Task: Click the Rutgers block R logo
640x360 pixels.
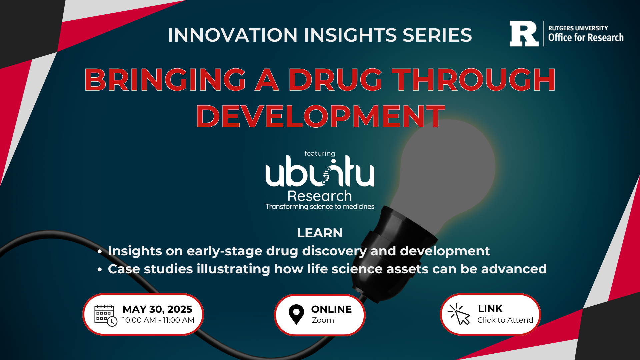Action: (x=524, y=34)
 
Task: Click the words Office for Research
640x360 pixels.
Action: (x=586, y=37)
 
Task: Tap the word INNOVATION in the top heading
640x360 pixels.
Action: (x=233, y=35)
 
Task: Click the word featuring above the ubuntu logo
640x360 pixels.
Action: (x=320, y=153)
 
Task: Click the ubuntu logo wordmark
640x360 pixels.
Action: (x=320, y=171)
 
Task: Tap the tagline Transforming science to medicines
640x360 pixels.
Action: (x=320, y=207)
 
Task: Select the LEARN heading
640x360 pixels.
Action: (x=320, y=233)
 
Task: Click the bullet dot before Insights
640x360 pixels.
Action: (x=100, y=252)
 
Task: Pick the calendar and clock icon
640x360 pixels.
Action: (x=106, y=315)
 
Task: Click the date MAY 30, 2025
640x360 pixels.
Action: (x=157, y=309)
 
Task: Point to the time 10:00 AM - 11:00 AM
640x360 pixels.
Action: (x=158, y=320)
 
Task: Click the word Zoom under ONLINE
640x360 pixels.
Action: (x=323, y=320)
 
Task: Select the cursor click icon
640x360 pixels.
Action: (x=459, y=314)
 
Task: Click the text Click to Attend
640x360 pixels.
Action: (x=505, y=320)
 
